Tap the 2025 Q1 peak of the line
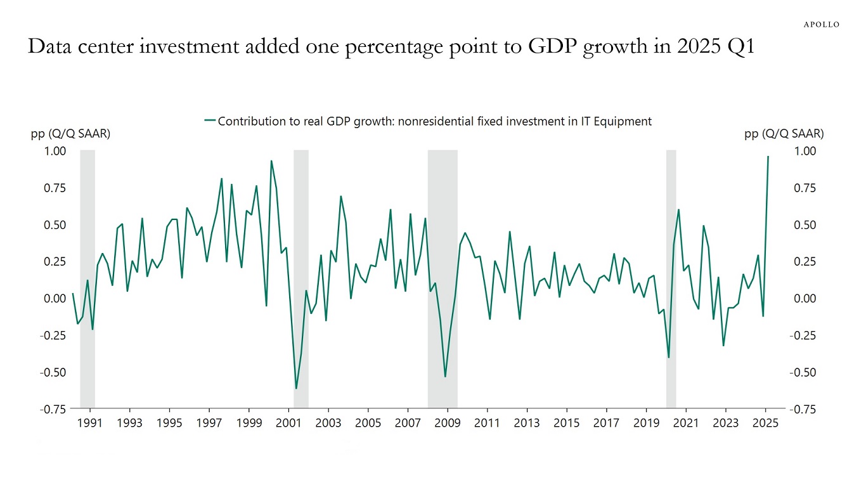(768, 157)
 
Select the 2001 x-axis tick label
(288, 422)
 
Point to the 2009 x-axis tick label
(448, 422)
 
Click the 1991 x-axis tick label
(89, 422)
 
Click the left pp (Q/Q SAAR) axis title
(70, 134)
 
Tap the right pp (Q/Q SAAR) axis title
(784, 134)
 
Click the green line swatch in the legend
(210, 121)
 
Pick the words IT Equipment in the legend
(616, 121)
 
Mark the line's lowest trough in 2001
(295, 388)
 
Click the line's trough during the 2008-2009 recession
(445, 377)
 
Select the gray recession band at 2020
(671, 279)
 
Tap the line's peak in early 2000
(271, 161)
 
